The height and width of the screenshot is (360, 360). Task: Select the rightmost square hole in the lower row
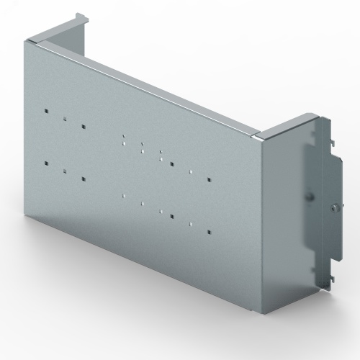207,232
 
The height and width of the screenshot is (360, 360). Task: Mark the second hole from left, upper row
64,119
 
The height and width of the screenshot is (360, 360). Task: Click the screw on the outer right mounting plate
334,208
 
